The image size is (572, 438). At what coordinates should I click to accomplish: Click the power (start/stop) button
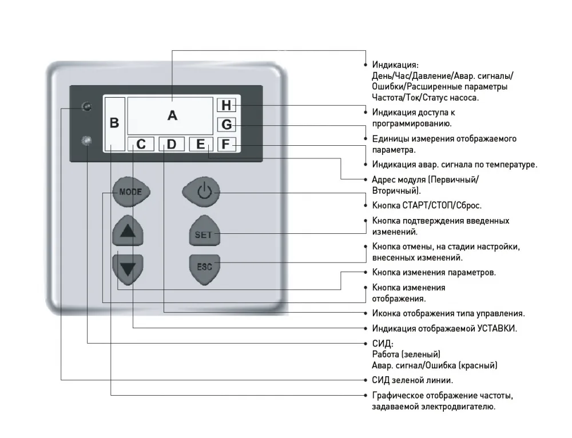tap(201, 192)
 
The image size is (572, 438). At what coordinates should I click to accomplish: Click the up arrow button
tap(128, 230)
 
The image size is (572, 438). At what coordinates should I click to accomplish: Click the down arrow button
tap(128, 269)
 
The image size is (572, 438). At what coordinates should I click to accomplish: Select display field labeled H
tap(227, 105)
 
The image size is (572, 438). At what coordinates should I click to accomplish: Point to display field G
tap(227, 124)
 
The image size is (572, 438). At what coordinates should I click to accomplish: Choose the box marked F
tap(227, 144)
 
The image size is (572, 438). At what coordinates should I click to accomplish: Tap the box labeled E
tap(201, 144)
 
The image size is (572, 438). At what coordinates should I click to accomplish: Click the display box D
tap(171, 144)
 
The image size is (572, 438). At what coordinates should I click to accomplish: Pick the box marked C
tap(141, 144)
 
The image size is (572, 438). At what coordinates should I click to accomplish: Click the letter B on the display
tap(114, 123)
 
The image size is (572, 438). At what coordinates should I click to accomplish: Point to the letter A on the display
tap(172, 116)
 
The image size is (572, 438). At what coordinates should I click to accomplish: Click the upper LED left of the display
tap(87, 106)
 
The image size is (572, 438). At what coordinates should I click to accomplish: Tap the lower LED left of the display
tap(87, 141)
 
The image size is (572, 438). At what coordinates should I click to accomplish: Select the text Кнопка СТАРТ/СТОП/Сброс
tap(427, 205)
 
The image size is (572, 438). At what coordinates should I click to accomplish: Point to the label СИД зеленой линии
tap(412, 380)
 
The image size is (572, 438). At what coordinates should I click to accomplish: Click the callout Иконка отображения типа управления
tap(448, 314)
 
